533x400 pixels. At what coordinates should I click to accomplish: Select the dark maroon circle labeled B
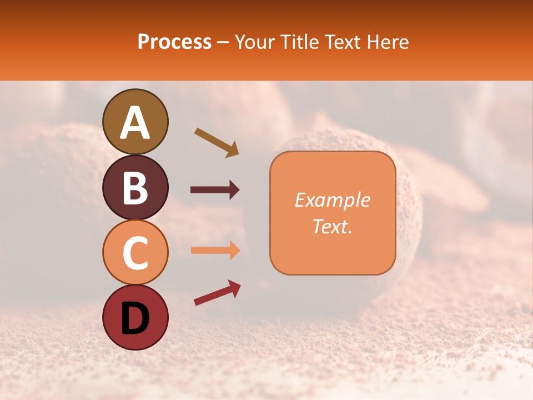[135, 187]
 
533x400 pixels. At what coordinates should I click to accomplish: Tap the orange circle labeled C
[135, 253]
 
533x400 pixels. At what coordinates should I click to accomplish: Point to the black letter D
[135, 318]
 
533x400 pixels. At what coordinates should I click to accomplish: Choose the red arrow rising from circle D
[217, 293]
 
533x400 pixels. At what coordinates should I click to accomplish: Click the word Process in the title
[174, 42]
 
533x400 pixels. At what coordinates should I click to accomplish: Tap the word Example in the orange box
[332, 201]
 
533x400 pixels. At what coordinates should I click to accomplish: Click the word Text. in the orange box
[332, 227]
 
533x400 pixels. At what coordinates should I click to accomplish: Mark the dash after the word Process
[223, 42]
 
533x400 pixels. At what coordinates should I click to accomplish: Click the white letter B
[135, 188]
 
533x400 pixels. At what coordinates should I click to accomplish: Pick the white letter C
[135, 253]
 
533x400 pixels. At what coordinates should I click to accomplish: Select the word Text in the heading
[342, 42]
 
